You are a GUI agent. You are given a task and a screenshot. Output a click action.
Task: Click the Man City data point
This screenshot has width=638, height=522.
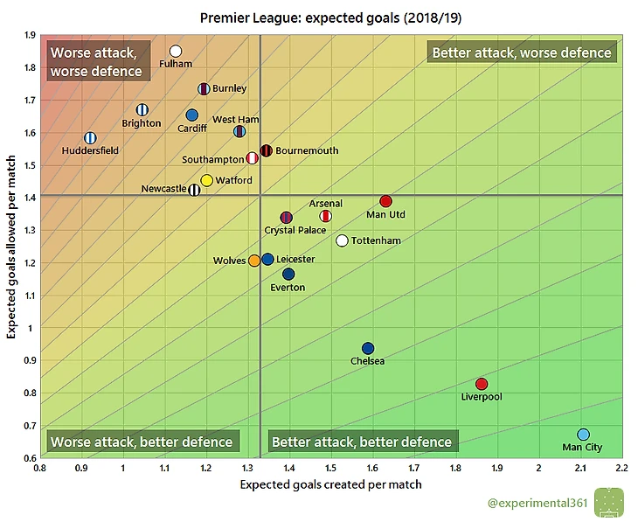pyautogui.click(x=584, y=435)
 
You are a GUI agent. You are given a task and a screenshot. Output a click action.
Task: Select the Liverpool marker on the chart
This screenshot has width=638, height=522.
pyautogui.click(x=482, y=384)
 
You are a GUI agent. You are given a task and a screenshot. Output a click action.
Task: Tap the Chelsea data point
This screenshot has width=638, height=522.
pyautogui.click(x=368, y=348)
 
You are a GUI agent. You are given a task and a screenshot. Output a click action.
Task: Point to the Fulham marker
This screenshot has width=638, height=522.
pyautogui.click(x=176, y=52)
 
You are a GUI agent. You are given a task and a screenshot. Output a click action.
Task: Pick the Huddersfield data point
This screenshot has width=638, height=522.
pyautogui.click(x=90, y=137)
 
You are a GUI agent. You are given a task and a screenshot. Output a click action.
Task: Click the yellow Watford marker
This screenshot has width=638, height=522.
pyautogui.click(x=207, y=180)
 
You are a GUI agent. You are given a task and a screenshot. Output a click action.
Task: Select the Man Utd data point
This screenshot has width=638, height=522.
pyautogui.click(x=386, y=201)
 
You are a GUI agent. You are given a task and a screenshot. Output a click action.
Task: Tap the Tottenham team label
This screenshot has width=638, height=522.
pyautogui.click(x=376, y=240)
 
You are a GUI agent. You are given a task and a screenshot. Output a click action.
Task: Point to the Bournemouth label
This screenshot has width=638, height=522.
pyautogui.click(x=307, y=150)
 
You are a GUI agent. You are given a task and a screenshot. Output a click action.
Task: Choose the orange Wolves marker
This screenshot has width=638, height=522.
pyautogui.click(x=254, y=261)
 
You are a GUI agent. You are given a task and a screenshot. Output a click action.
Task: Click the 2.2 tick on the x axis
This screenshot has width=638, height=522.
pyautogui.click(x=621, y=468)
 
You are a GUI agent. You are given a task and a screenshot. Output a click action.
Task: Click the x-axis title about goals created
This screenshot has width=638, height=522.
pyautogui.click(x=330, y=484)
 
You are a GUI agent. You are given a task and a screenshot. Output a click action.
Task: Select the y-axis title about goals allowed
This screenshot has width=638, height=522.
pyautogui.click(x=13, y=246)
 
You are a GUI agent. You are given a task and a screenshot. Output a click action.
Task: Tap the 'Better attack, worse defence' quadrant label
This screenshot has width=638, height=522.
pyautogui.click(x=522, y=52)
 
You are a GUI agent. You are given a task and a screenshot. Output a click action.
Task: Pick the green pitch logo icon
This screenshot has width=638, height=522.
pyautogui.click(x=608, y=502)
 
